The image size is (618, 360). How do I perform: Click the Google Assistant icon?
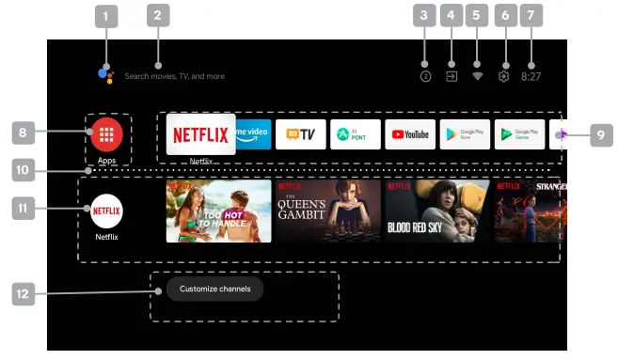click(x=105, y=75)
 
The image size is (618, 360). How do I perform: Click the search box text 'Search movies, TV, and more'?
click(x=175, y=76)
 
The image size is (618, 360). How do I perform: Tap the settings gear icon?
click(x=503, y=76)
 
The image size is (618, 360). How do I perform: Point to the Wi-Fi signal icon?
click(x=478, y=76)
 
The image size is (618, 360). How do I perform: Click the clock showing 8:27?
click(x=531, y=76)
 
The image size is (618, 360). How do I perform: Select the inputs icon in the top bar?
click(x=452, y=76)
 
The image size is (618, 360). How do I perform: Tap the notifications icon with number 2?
click(x=425, y=76)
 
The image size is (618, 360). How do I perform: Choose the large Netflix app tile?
click(x=201, y=134)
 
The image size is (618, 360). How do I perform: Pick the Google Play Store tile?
click(x=464, y=134)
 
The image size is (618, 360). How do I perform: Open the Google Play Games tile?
click(x=519, y=134)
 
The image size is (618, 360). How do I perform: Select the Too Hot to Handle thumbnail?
click(x=218, y=211)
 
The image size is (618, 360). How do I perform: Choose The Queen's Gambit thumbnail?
click(x=326, y=211)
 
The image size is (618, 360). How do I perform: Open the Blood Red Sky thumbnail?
click(x=436, y=211)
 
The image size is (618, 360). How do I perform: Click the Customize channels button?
click(x=214, y=289)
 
